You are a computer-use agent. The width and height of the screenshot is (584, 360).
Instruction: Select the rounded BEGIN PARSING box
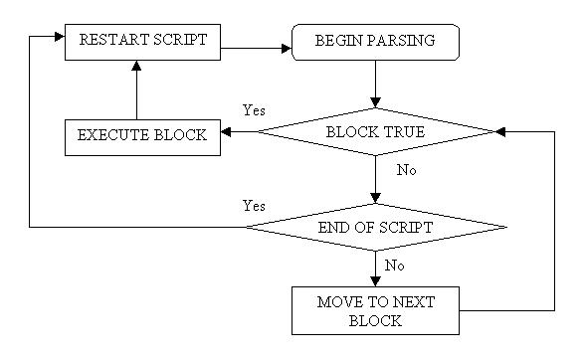pyautogui.click(x=375, y=43)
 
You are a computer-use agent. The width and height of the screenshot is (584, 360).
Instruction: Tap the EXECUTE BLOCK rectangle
pyautogui.click(x=141, y=135)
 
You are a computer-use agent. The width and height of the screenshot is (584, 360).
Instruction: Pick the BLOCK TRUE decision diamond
pyautogui.click(x=375, y=131)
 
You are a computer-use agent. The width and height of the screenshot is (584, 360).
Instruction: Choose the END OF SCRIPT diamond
pyautogui.click(x=375, y=227)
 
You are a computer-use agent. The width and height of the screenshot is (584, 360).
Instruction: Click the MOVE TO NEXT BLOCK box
pyautogui.click(x=375, y=310)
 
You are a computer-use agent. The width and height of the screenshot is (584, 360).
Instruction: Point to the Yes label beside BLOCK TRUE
pyautogui.click(x=254, y=110)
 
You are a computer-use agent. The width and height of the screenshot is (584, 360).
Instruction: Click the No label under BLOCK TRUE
pyautogui.click(x=406, y=170)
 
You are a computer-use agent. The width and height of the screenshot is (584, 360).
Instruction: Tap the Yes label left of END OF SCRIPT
pyautogui.click(x=254, y=206)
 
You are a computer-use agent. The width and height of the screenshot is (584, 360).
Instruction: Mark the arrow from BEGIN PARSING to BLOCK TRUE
pyautogui.click(x=375, y=84)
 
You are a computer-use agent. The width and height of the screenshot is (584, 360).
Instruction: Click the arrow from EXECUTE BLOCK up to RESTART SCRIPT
pyautogui.click(x=136, y=90)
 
